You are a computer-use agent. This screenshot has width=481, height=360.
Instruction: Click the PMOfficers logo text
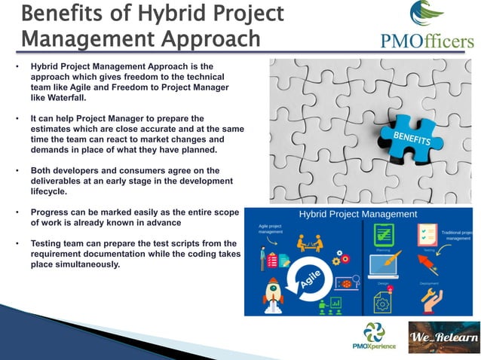(x=427, y=40)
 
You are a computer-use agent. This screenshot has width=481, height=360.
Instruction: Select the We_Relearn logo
(x=443, y=337)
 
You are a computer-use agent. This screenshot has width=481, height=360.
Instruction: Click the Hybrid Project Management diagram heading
(x=358, y=215)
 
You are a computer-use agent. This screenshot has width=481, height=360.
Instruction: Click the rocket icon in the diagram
(x=273, y=294)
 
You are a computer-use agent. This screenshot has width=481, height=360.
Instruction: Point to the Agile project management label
(x=271, y=228)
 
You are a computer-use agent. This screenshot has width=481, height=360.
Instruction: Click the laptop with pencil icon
(x=384, y=264)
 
